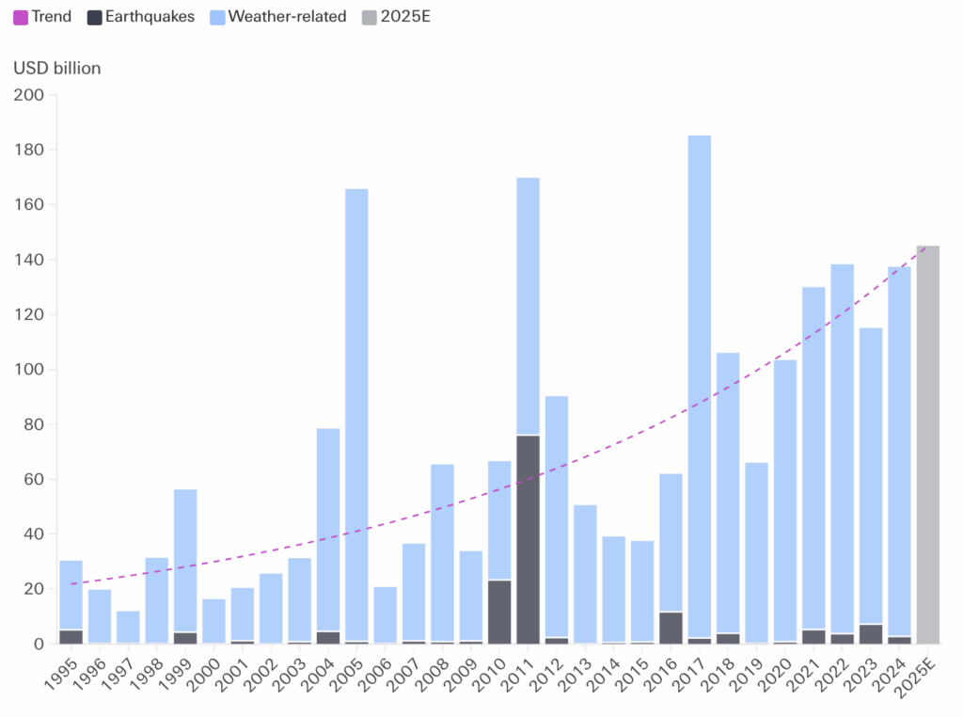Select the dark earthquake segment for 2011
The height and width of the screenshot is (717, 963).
pos(528,539)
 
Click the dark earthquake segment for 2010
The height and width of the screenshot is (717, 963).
pos(499,612)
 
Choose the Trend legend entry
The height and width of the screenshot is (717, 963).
pos(42,17)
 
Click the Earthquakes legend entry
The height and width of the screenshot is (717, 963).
pos(140,17)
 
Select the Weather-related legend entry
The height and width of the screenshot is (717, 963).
pos(277,17)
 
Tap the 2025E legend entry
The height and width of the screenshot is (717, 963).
pos(396,17)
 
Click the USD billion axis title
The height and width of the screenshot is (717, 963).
pos(56,68)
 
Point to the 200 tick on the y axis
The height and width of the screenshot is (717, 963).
pos(29,95)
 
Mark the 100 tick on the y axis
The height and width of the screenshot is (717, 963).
pos(29,370)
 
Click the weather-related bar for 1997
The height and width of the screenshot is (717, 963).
pos(128,627)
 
